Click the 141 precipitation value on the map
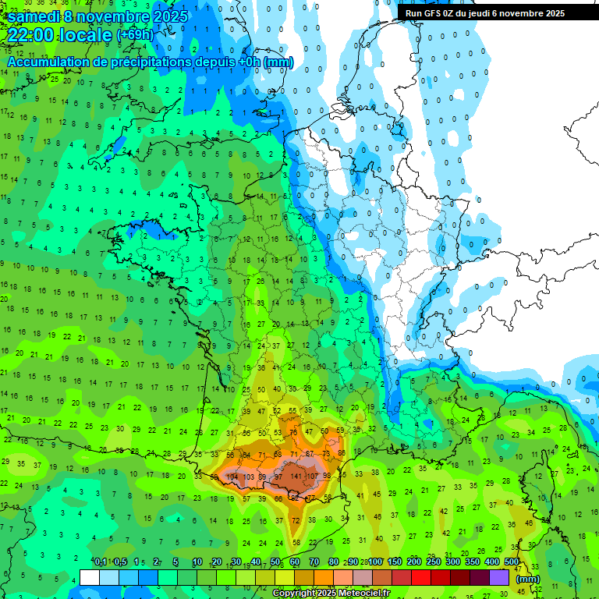296,476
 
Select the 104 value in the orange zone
232,476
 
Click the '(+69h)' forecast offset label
135,36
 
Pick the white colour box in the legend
90,577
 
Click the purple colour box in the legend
499,577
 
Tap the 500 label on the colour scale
512,562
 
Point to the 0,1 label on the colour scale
101,562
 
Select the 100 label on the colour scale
375,562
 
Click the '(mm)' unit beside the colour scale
528,579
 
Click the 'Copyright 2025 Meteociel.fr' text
331,593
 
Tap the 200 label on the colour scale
414,562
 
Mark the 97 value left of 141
278,476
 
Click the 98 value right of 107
327,476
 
